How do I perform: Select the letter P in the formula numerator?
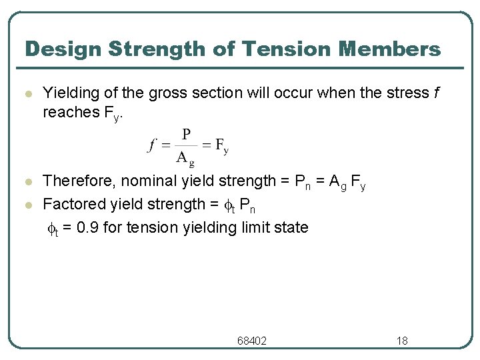pyautogui.click(x=186, y=135)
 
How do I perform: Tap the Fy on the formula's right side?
pyautogui.click(x=222, y=146)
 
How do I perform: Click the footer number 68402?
pyautogui.click(x=251, y=341)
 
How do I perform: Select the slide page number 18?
pyautogui.click(x=402, y=341)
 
